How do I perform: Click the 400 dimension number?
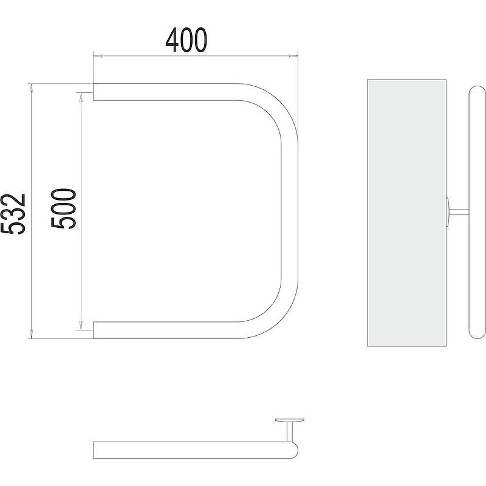pos(186,40)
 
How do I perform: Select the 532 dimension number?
pos(13,214)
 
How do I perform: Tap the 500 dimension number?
pos(63,209)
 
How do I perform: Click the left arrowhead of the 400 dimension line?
pos(98,56)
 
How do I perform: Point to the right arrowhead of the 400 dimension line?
pos(293,56)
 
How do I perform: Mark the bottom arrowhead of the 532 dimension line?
pos(31,334)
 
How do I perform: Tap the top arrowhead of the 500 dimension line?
pos(81,97)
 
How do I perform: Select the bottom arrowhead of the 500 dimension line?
pos(81,326)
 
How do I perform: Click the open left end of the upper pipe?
pos(94,92)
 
